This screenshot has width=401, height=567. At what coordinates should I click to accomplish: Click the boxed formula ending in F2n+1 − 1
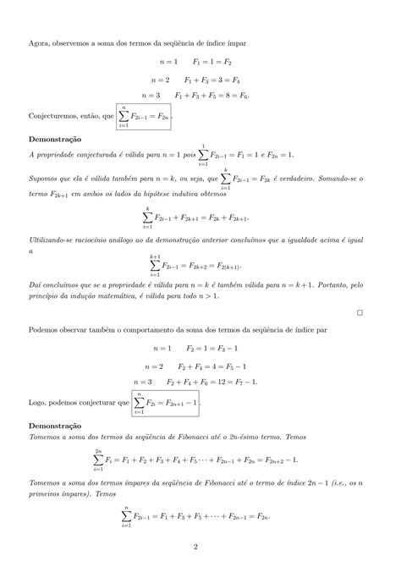(x=165, y=404)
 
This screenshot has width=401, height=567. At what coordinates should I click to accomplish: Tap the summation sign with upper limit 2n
(x=98, y=460)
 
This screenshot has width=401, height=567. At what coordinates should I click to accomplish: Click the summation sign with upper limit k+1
(x=155, y=264)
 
